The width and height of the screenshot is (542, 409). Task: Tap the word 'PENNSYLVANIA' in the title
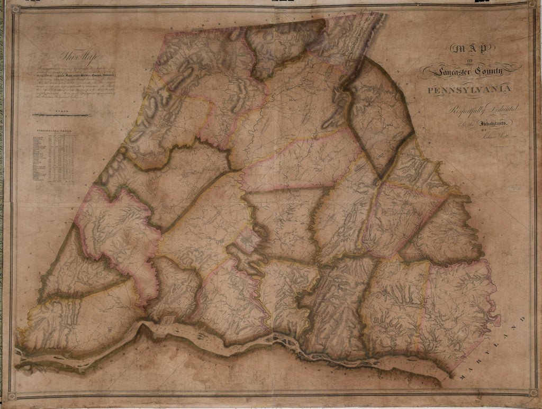(x=469, y=88)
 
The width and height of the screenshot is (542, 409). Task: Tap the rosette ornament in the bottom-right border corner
(x=532, y=393)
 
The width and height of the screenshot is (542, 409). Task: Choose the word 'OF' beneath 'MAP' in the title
(x=467, y=60)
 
